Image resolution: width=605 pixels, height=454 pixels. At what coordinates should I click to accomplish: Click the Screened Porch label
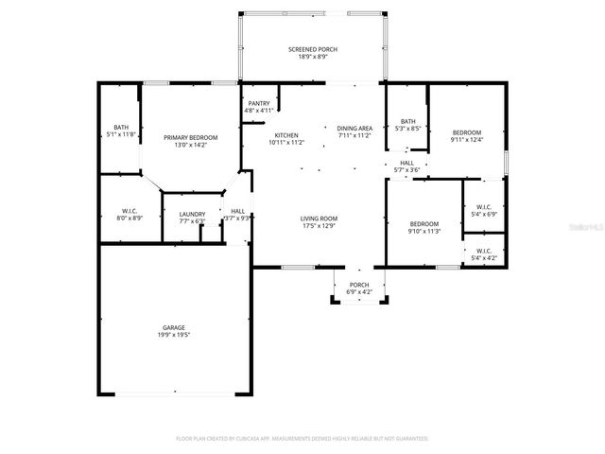tap(312, 49)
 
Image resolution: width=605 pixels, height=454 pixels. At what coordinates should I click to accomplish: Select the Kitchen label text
tap(286, 136)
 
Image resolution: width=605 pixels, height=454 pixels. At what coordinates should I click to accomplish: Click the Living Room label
tap(319, 218)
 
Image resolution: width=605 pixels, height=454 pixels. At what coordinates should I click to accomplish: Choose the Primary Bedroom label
tap(184, 138)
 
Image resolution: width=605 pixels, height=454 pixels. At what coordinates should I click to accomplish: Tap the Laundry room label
tap(192, 215)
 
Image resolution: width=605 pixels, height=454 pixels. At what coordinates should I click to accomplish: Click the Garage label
tap(172, 327)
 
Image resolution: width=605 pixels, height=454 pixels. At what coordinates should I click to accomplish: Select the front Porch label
tap(359, 285)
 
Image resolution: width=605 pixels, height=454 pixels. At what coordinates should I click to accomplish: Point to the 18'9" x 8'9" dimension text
tap(312, 57)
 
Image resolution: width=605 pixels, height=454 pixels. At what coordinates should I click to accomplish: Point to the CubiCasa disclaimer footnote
tap(302, 439)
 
